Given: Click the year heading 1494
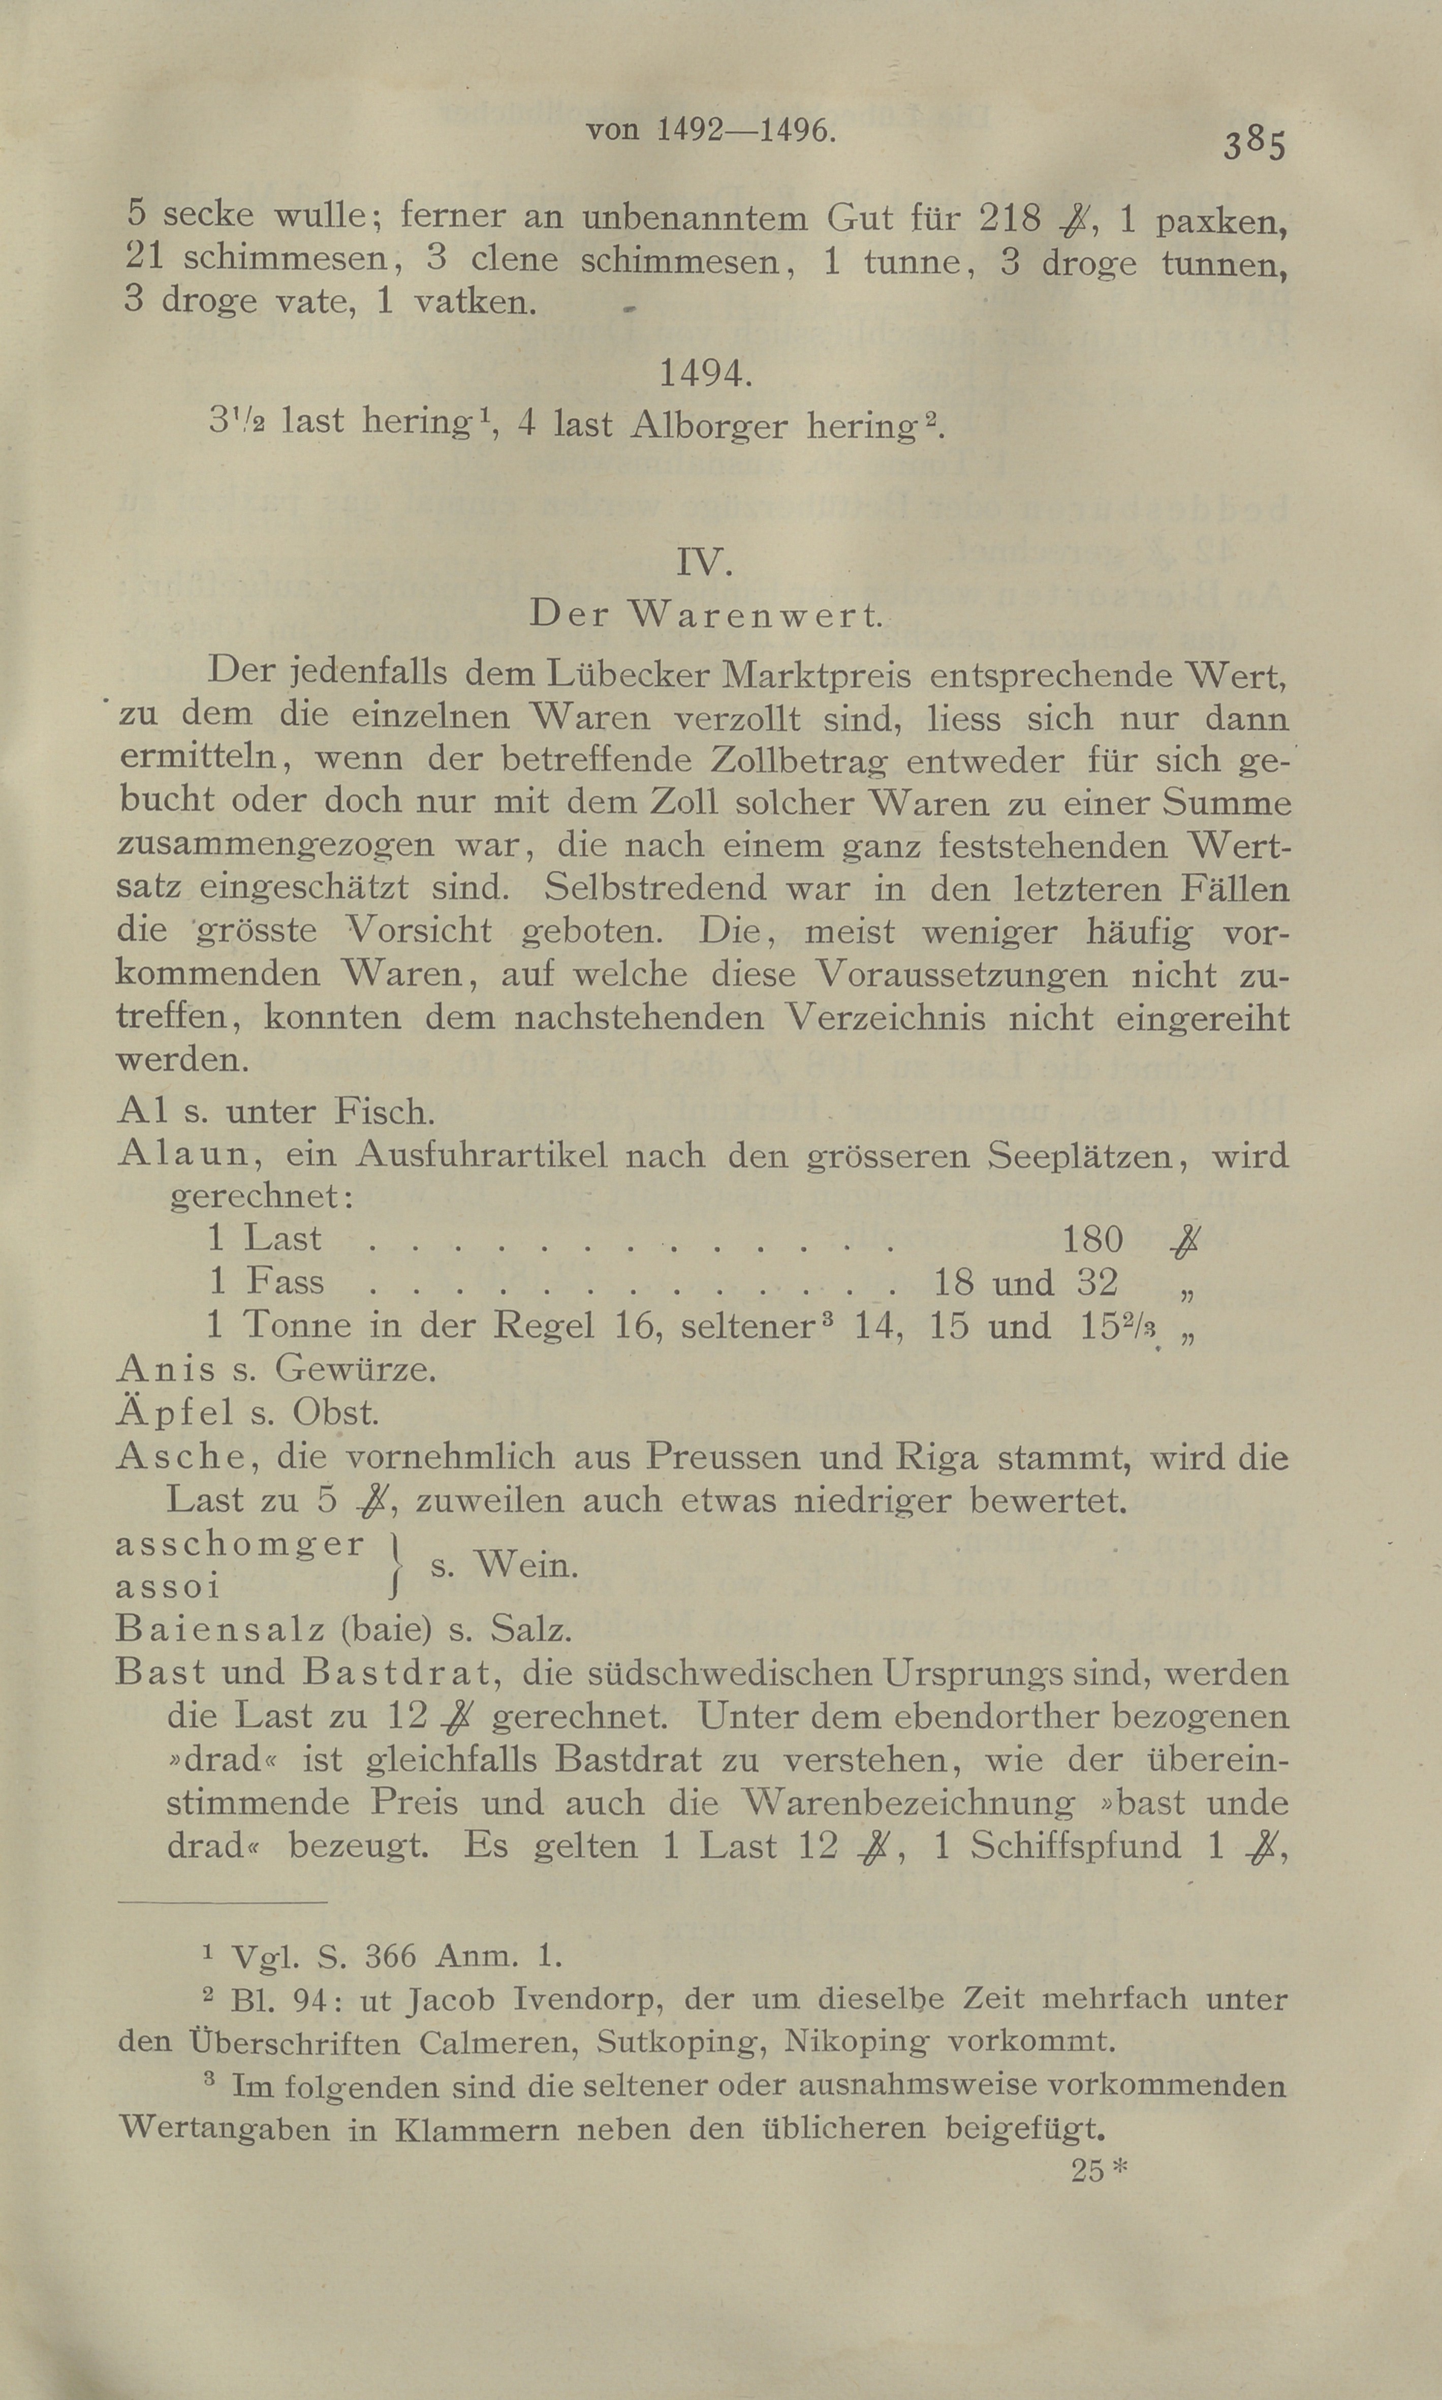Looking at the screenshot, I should click(x=705, y=373).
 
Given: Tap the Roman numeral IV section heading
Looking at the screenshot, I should click(x=704, y=563).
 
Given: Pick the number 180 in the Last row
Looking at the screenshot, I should click(x=1093, y=1239).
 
